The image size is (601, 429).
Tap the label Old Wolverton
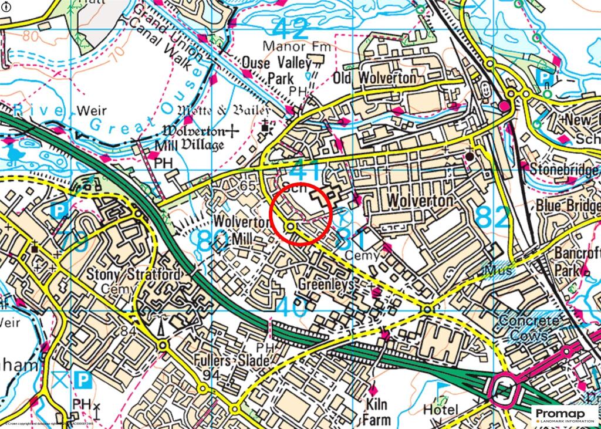tap(374, 78)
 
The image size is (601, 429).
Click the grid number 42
tap(291, 27)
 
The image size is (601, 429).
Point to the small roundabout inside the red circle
tap(291, 227)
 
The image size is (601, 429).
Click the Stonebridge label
tap(565, 170)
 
